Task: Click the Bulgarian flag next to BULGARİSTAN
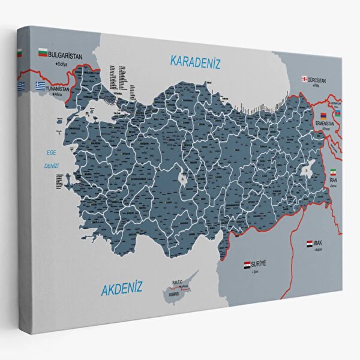[43, 53]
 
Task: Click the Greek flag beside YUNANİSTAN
[40, 85]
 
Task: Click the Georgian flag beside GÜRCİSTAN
[305, 79]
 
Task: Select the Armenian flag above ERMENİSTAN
[323, 115]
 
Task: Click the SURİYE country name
[263, 263]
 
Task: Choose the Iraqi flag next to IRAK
[310, 244]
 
